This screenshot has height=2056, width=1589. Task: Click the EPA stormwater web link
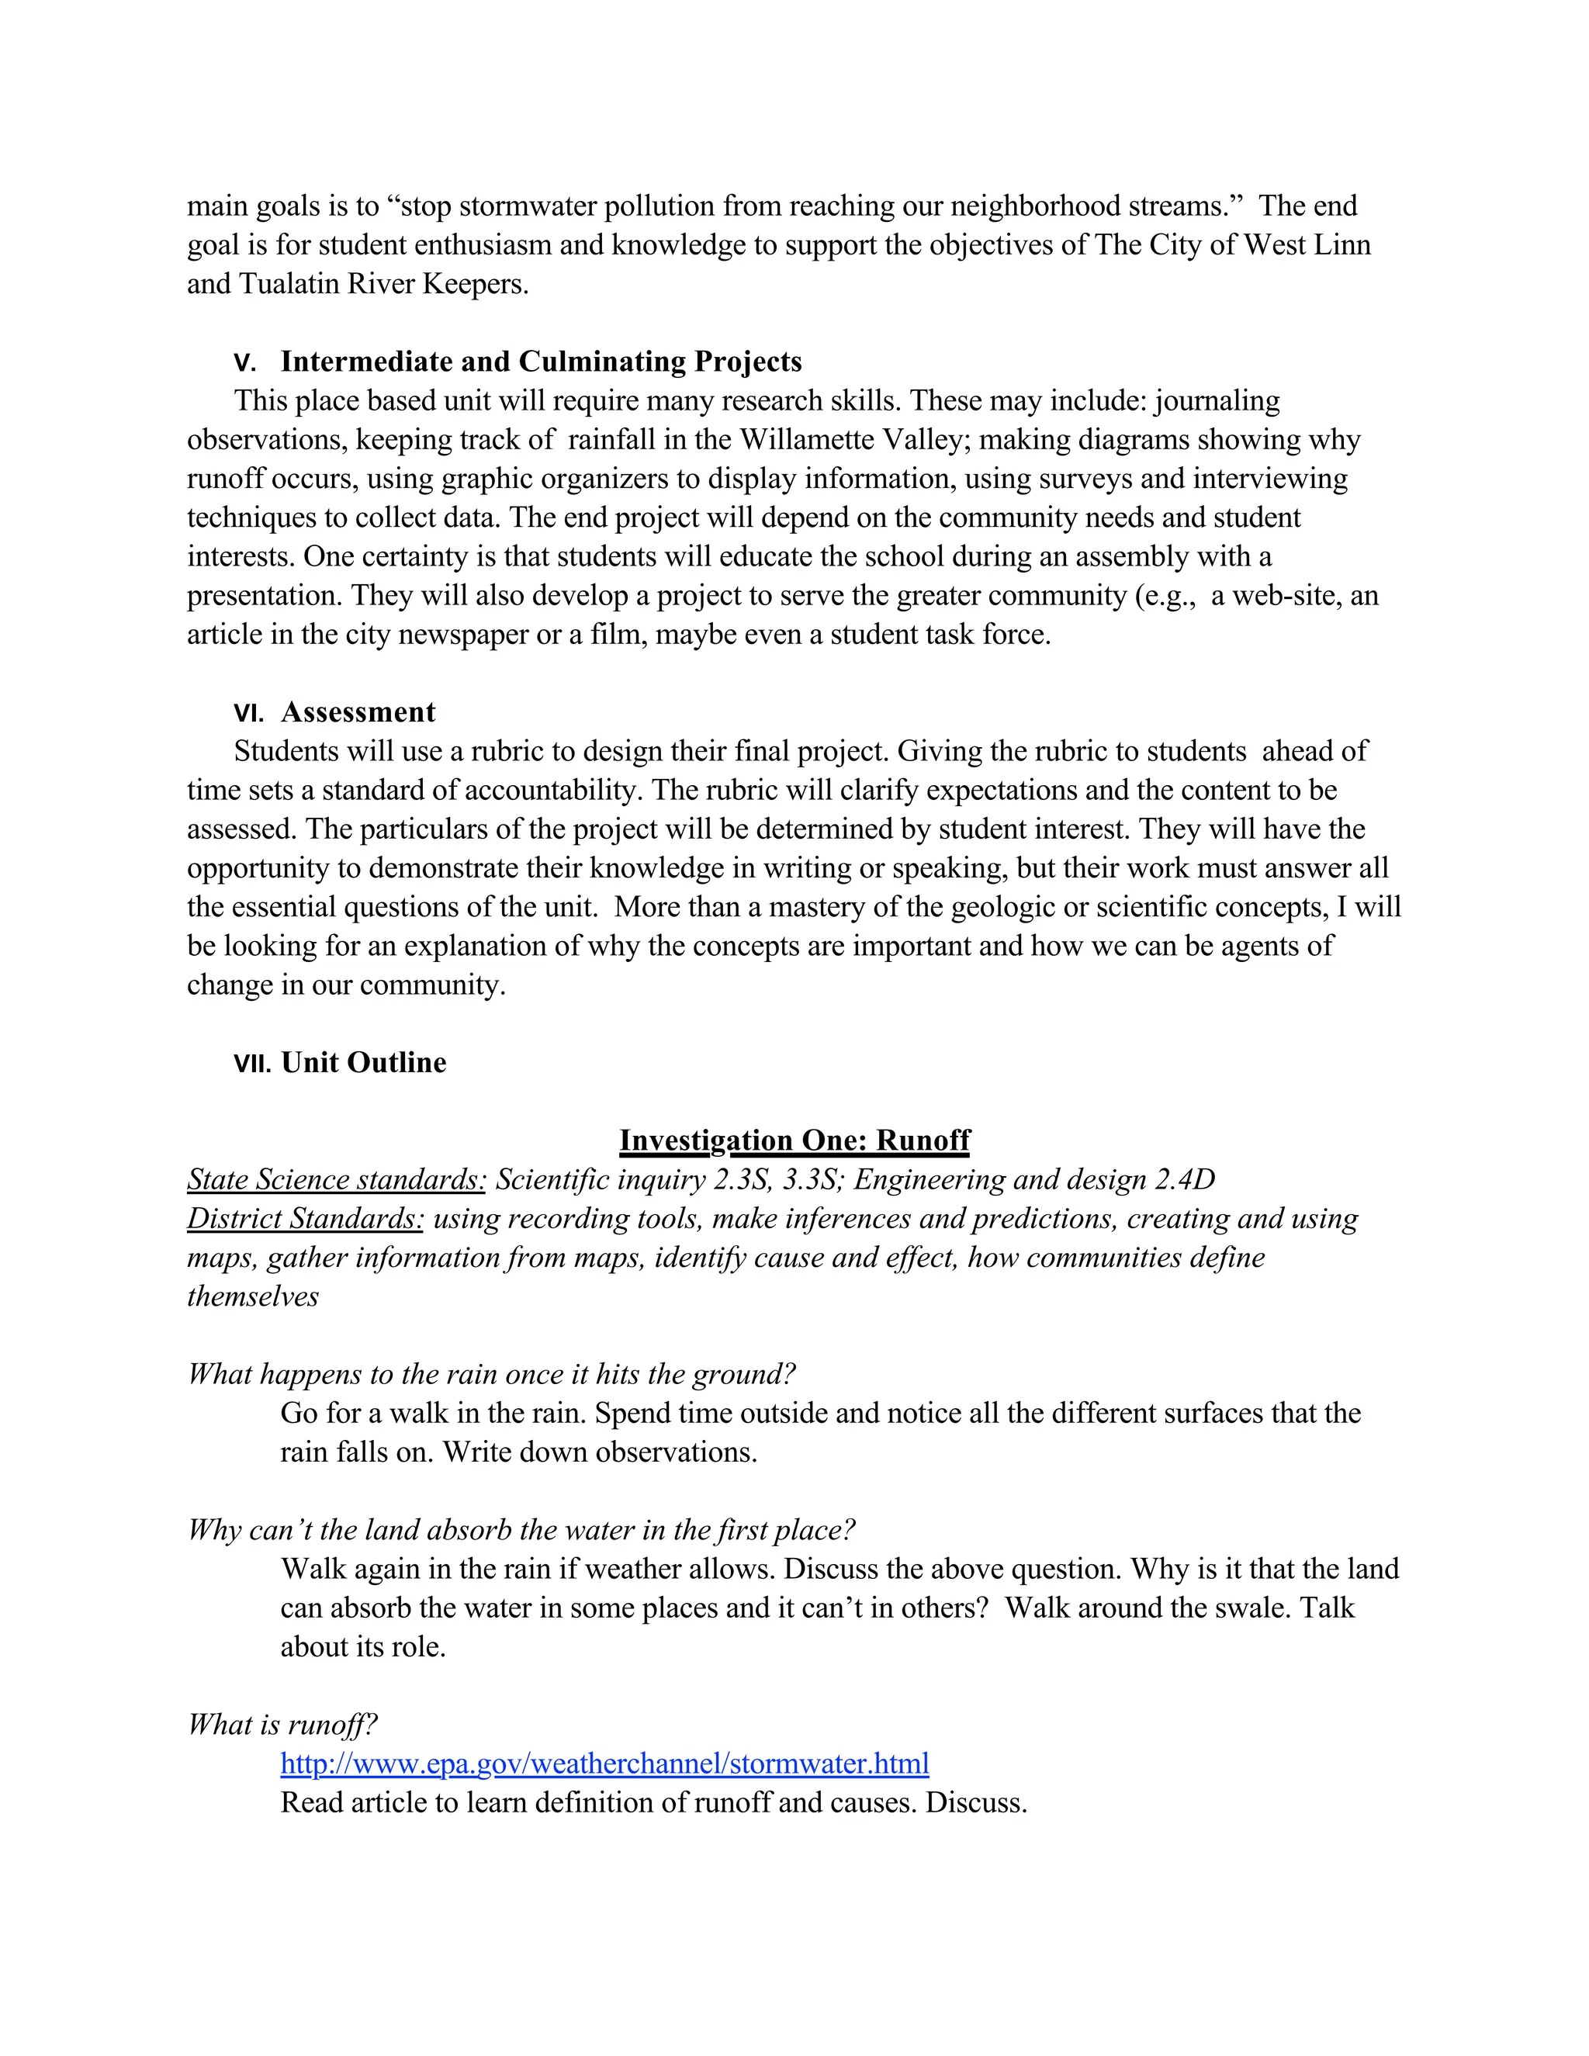pyautogui.click(x=604, y=1764)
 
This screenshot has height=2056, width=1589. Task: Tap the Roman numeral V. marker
pyautogui.click(x=244, y=363)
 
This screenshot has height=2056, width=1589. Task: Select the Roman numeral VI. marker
pyautogui.click(x=248, y=714)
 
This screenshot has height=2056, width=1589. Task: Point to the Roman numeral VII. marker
pyautogui.click(x=251, y=1064)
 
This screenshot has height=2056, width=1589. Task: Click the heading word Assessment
pyautogui.click(x=358, y=713)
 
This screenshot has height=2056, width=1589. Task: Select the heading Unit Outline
pyautogui.click(x=363, y=1063)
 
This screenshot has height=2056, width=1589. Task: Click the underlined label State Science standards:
pyautogui.click(x=336, y=1179)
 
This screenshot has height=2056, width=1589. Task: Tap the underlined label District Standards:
pyautogui.click(x=305, y=1219)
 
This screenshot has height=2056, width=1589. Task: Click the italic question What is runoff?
pyautogui.click(x=282, y=1725)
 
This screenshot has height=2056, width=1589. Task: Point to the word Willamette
pyautogui.click(x=807, y=440)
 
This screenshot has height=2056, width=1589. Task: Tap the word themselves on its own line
pyautogui.click(x=252, y=1297)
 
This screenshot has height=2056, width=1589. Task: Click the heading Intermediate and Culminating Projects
pyautogui.click(x=542, y=362)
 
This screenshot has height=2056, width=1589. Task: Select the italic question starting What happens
pyautogui.click(x=491, y=1375)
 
